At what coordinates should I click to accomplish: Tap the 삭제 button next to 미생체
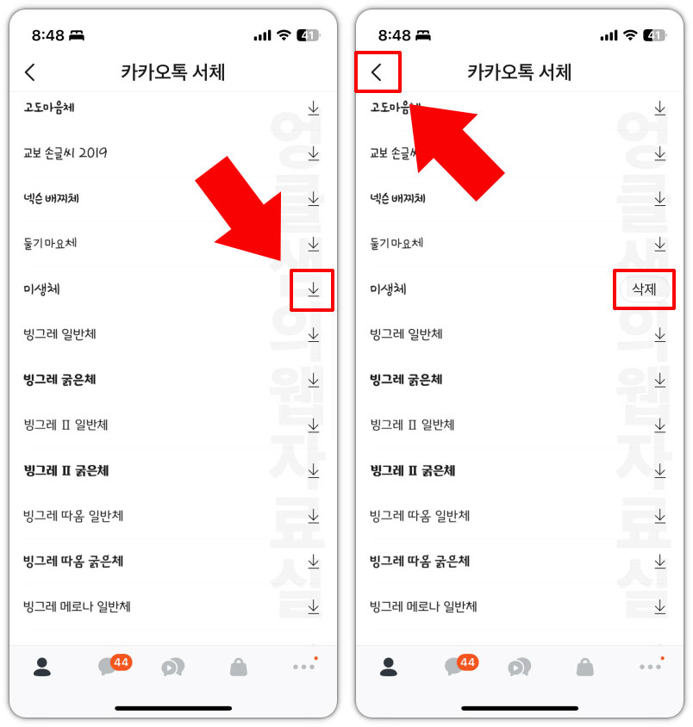pyautogui.click(x=644, y=289)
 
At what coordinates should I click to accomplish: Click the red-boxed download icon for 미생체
pyautogui.click(x=313, y=289)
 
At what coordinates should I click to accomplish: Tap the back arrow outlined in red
pyautogui.click(x=377, y=72)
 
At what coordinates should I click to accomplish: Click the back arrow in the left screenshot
pyautogui.click(x=30, y=72)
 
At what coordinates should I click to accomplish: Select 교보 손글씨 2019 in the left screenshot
pyautogui.click(x=66, y=153)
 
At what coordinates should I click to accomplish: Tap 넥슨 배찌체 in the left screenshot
pyautogui.click(x=57, y=199)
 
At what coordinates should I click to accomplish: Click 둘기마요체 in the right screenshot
pyautogui.click(x=396, y=244)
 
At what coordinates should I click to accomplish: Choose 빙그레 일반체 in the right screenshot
pyautogui.click(x=406, y=334)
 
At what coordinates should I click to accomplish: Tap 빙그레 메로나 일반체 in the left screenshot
pyautogui.click(x=77, y=606)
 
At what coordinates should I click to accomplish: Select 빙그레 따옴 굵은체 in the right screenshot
pyautogui.click(x=420, y=562)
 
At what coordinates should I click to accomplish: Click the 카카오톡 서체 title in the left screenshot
pyautogui.click(x=172, y=72)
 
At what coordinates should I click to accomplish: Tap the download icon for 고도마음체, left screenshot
pyautogui.click(x=313, y=108)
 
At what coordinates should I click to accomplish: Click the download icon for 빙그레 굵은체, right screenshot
pyautogui.click(x=659, y=380)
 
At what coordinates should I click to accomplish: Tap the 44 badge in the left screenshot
pyautogui.click(x=121, y=662)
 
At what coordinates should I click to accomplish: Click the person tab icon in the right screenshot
pyautogui.click(x=388, y=667)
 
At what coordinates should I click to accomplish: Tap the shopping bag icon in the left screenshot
pyautogui.click(x=239, y=667)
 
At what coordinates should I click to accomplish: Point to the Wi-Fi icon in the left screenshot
pyautogui.click(x=284, y=35)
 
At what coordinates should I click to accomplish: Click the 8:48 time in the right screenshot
pyautogui.click(x=394, y=35)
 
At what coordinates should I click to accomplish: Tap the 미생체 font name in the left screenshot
pyautogui.click(x=41, y=289)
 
